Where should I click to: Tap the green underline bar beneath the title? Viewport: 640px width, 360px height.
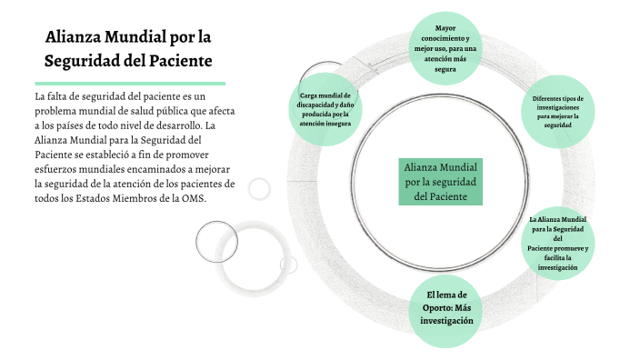pos(129,83)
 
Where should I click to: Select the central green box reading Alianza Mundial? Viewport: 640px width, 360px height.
pos(441,182)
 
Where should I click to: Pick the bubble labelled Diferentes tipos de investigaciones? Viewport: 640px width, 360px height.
pos(558,112)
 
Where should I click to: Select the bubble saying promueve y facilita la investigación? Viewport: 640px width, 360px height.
pos(558,243)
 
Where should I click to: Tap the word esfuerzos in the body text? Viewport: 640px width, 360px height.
pos(57,169)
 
